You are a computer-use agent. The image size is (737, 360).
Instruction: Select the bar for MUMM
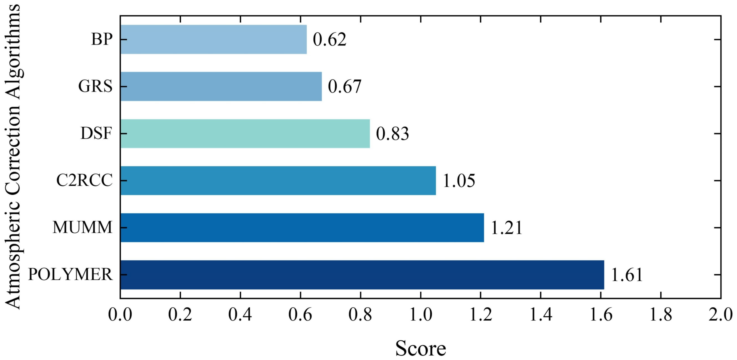302,228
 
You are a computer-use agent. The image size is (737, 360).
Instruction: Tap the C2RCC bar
278,181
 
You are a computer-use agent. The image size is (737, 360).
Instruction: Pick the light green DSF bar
245,134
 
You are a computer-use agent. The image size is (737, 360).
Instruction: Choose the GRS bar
221,86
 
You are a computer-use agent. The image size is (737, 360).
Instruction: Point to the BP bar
213,39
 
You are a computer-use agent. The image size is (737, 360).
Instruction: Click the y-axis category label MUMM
82,228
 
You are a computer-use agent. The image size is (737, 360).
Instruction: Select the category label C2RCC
84,181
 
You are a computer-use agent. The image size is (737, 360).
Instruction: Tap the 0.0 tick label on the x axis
120,315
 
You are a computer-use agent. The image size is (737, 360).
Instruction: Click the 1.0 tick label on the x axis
421,315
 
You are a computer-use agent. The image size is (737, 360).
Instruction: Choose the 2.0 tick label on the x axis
720,315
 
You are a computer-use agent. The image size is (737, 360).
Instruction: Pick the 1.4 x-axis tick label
541,315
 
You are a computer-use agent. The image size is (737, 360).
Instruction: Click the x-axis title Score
421,348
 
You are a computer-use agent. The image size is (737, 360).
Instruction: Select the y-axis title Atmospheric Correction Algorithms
13,157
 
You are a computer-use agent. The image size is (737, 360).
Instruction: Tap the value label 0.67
344,87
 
